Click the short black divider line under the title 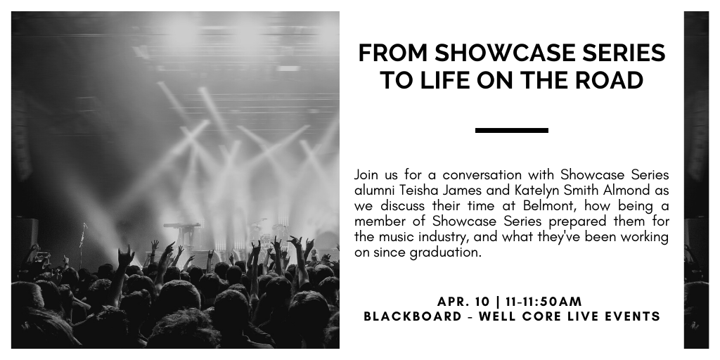(x=512, y=130)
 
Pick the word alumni (x=374, y=190)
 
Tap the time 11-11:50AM (x=544, y=302)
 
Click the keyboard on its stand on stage (x=183, y=226)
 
